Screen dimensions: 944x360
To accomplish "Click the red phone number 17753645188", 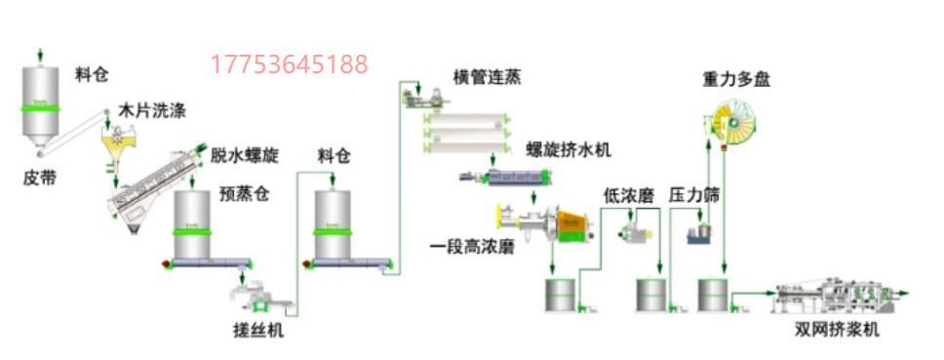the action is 289,64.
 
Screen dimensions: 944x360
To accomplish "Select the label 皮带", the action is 40,179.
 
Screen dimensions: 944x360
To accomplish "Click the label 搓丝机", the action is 257,330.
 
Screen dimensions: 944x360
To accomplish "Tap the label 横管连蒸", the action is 487,78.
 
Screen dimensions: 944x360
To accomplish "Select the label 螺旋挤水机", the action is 569,150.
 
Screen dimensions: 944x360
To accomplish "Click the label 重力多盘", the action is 736,79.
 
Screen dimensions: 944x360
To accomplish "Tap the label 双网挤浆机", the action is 836,330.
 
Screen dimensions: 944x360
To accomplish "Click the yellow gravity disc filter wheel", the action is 733,122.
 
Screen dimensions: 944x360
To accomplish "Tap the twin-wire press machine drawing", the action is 835,298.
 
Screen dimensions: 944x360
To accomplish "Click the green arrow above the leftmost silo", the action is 40,56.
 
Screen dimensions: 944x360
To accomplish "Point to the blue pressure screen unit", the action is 700,233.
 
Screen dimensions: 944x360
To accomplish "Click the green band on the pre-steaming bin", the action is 192,232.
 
